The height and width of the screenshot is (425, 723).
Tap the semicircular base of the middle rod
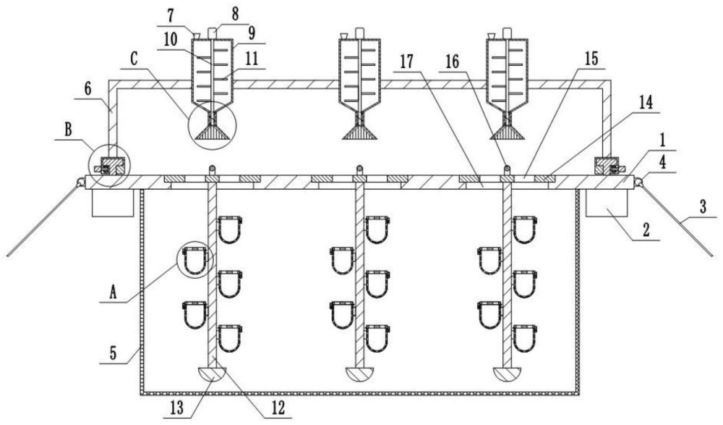[359, 374]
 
